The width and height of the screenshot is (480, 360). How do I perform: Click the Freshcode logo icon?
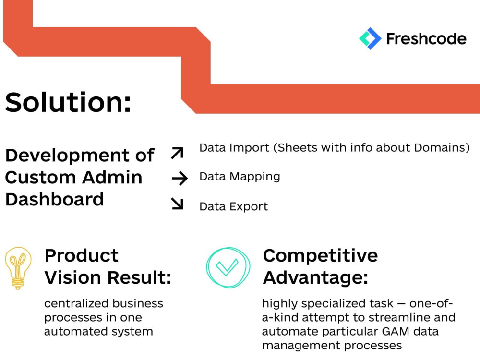(370, 38)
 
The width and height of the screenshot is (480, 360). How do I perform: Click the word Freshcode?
(426, 38)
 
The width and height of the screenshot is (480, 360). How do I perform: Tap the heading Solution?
(68, 102)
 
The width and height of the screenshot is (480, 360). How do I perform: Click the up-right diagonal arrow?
(177, 154)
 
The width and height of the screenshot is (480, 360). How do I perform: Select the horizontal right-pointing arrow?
(179, 179)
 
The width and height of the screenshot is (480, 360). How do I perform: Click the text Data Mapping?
(240, 177)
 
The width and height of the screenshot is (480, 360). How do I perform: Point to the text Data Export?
(233, 207)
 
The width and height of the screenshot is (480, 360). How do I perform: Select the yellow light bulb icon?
(18, 268)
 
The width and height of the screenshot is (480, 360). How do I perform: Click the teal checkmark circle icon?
(228, 268)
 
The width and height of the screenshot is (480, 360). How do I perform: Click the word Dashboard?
(54, 199)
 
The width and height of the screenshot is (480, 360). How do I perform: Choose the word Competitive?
(320, 255)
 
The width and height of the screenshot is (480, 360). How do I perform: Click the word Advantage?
(315, 277)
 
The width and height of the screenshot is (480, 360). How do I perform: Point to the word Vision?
(73, 277)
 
